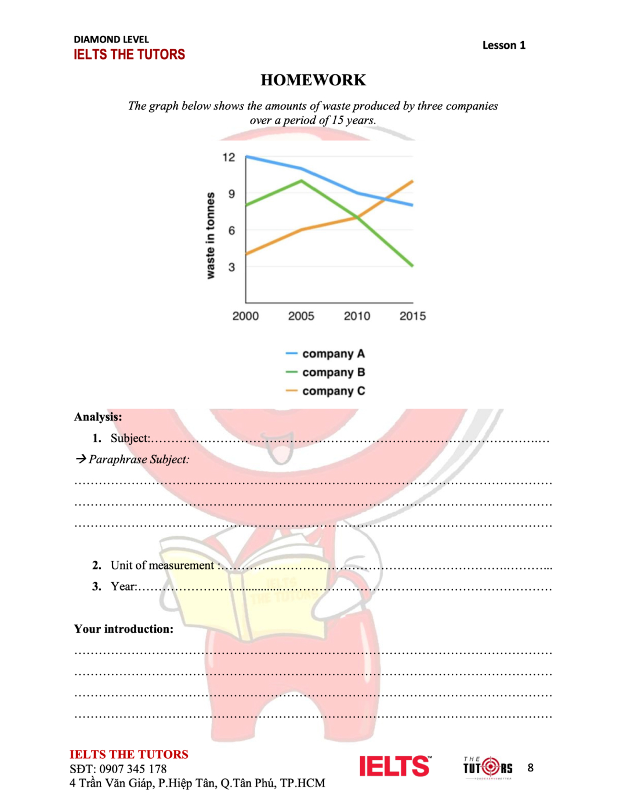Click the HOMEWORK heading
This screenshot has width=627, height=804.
tap(313, 80)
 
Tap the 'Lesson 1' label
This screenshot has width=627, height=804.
tap(503, 45)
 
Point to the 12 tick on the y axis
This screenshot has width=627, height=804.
tap(229, 157)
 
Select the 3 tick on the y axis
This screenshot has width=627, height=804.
tap(231, 267)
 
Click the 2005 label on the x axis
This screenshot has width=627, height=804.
tap(301, 316)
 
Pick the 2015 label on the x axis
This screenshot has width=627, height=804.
tap(412, 316)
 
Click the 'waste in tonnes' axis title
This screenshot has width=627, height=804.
tap(210, 235)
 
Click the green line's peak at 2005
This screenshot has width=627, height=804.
tap(301, 181)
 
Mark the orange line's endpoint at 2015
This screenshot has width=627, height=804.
tap(412, 181)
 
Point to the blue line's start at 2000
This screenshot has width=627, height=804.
tap(247, 157)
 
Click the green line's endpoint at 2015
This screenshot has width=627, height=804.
tap(412, 266)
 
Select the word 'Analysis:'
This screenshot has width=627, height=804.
tap(98, 417)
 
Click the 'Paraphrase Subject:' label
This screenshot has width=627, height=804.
tap(139, 459)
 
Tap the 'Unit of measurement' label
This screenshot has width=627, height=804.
tap(162, 565)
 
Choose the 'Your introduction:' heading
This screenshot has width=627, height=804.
tap(124, 629)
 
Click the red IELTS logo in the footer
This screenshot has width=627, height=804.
tap(394, 766)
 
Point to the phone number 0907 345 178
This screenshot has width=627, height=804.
tap(133, 769)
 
